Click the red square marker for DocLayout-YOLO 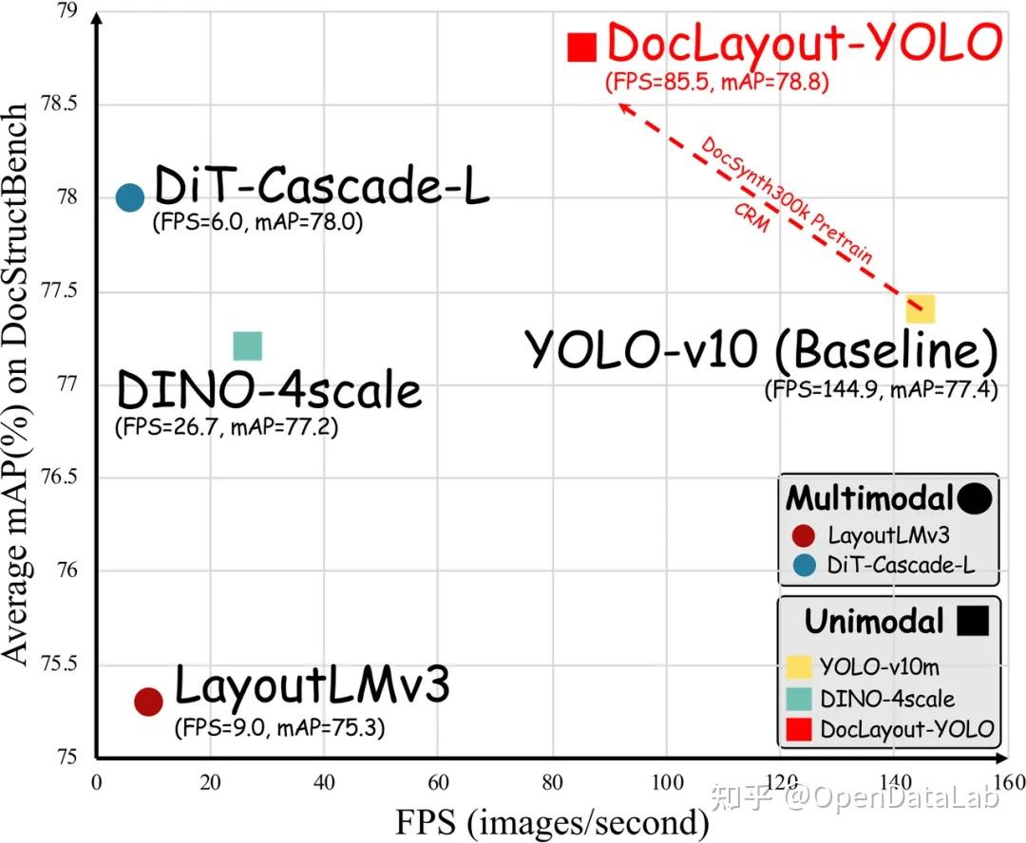[581, 47]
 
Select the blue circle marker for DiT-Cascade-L [129, 197]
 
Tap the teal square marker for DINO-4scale [247, 347]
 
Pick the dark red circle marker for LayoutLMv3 [148, 702]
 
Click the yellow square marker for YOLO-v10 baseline [921, 309]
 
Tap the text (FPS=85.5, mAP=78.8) [717, 83]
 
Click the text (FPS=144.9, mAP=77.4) [881, 389]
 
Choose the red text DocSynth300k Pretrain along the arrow [787, 201]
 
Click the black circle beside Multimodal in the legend [975, 497]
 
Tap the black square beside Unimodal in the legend [973, 621]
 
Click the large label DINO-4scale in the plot [268, 390]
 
